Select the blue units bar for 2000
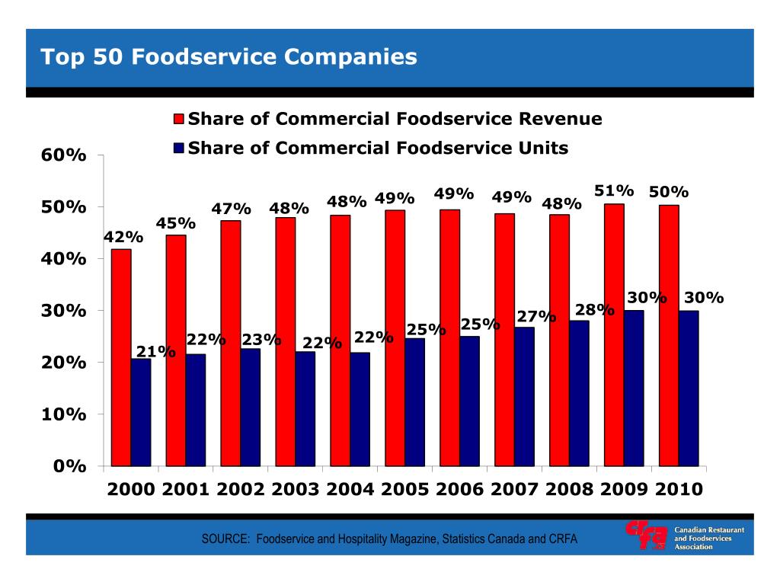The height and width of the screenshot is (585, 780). (140, 412)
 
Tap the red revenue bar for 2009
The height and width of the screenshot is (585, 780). (614, 334)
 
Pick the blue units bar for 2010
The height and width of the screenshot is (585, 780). (689, 388)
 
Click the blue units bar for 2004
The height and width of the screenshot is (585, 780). (360, 409)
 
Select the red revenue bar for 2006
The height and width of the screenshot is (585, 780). (449, 337)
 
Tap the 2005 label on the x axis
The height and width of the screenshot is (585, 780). (404, 490)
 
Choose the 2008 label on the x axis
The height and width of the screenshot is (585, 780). (569, 490)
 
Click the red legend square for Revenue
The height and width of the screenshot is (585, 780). (179, 120)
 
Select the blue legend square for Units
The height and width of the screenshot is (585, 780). (179, 148)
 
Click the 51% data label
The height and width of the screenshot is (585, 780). (614, 190)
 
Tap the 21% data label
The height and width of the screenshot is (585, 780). (156, 351)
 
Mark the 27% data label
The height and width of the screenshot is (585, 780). (536, 316)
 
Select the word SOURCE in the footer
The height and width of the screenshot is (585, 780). (225, 539)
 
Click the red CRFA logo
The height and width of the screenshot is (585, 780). (645, 535)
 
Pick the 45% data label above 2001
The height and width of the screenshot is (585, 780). (176, 223)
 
